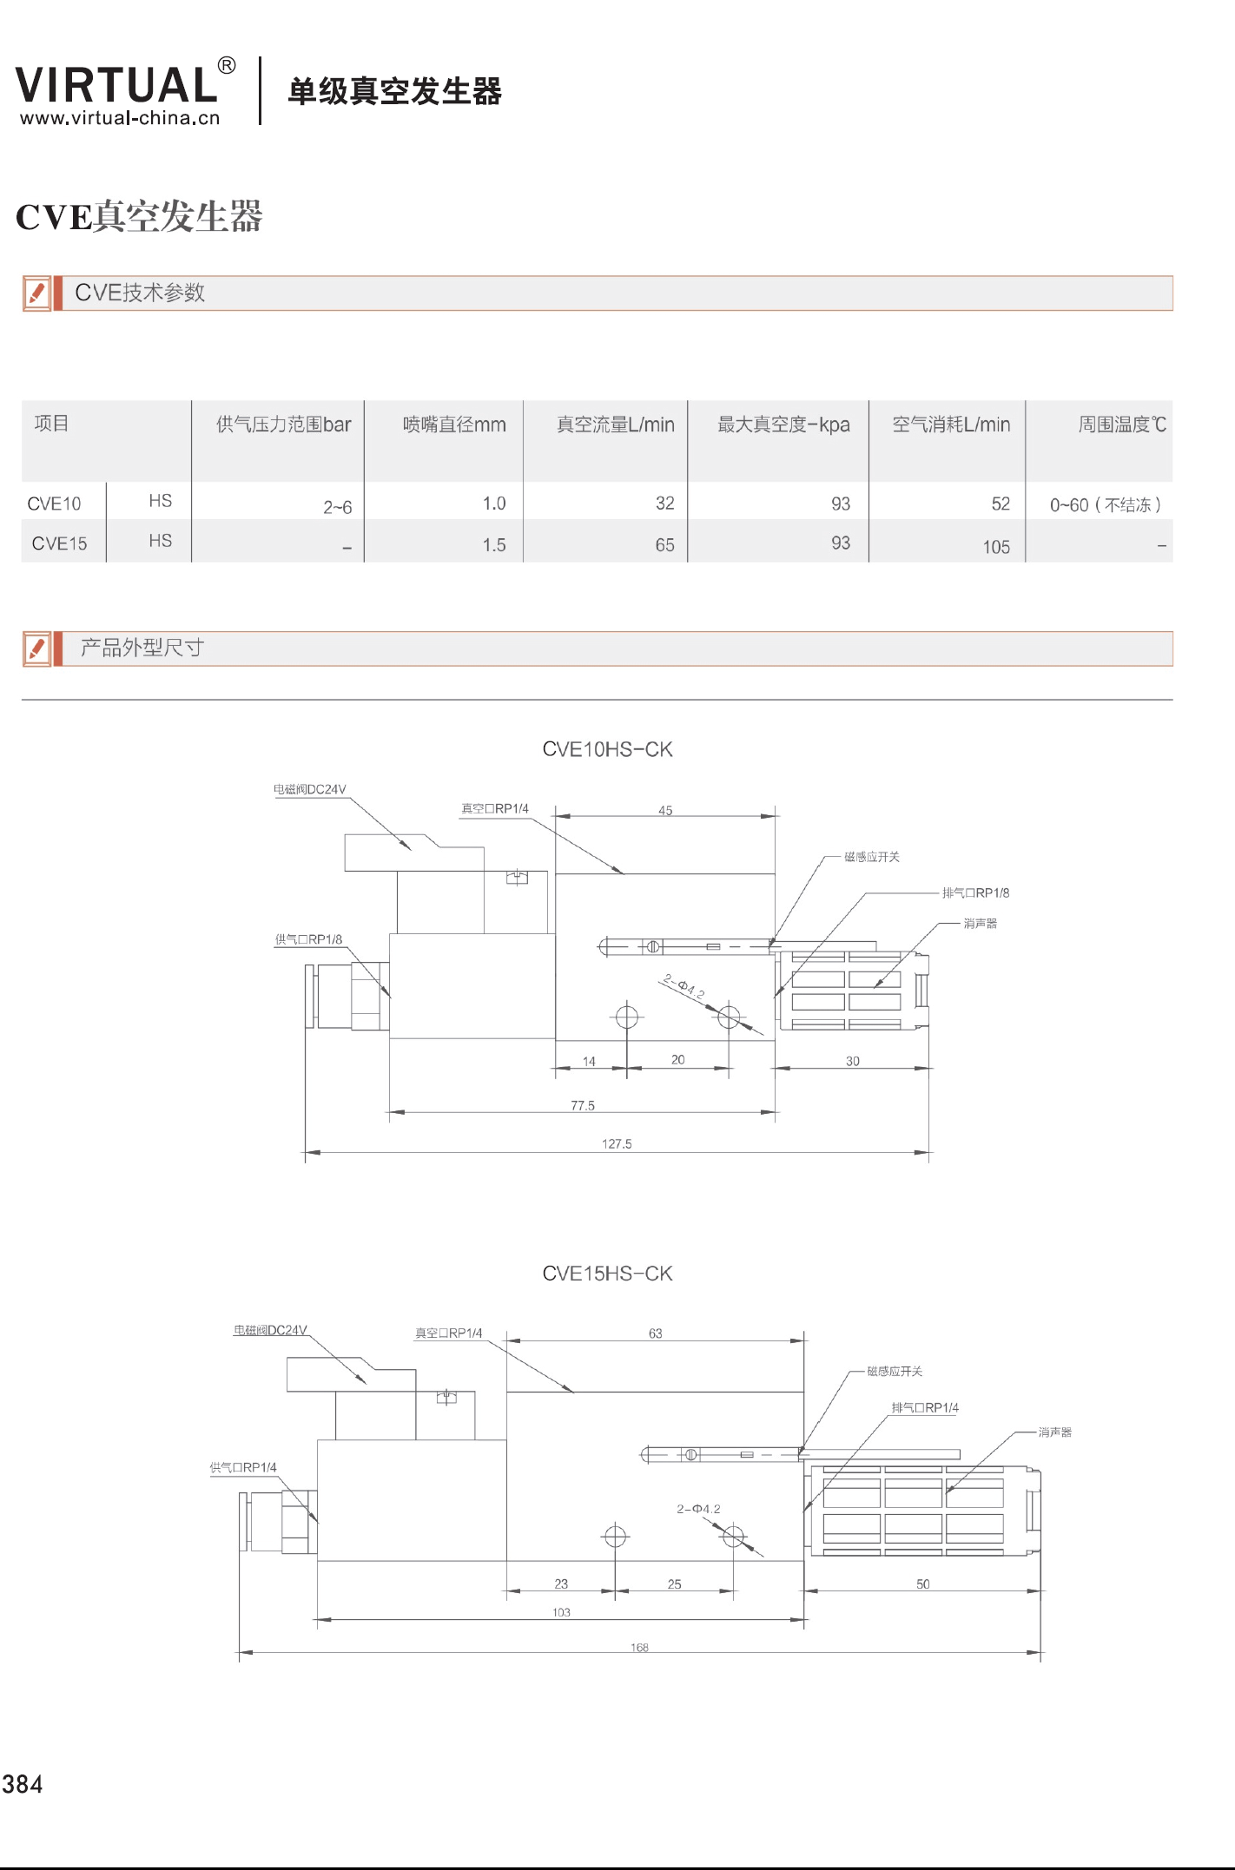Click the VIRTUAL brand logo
pos(117,85)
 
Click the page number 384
pos(23,1785)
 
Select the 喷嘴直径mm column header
pos(453,425)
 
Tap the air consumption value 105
pos(996,547)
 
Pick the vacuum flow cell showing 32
pos(664,504)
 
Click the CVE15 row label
pos(59,543)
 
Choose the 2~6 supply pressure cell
pos(337,507)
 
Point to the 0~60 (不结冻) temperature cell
pos(1105,505)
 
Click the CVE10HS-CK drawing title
pos(607,749)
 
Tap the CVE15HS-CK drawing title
pos(607,1274)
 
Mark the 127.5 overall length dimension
pos(617,1143)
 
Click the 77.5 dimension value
pos(583,1105)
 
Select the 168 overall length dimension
pos(639,1647)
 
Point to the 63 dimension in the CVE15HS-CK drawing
pos(655,1333)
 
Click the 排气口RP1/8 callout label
pos(975,892)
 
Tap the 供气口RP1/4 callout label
pos(243,1467)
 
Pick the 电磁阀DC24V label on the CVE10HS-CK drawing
pos(310,789)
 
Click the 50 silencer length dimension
pos(922,1584)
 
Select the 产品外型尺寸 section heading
pos(142,648)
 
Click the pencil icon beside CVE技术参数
pos(36,293)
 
